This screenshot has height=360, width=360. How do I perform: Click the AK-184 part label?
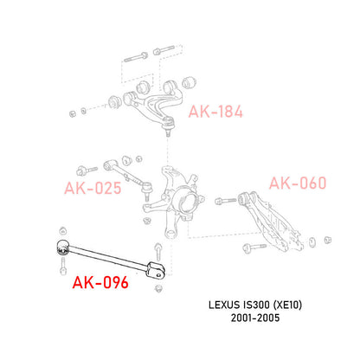click(x=215, y=112)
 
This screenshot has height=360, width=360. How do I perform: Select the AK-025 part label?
click(x=93, y=188)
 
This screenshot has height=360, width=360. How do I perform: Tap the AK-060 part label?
click(x=298, y=183)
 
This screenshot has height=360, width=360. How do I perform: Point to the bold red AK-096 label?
click(x=100, y=282)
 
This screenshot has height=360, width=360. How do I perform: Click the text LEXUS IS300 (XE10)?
click(x=255, y=305)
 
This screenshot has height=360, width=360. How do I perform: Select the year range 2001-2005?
click(x=255, y=318)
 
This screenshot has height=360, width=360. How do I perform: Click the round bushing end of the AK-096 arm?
click(x=62, y=247)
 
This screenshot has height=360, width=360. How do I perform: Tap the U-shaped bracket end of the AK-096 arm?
click(x=156, y=270)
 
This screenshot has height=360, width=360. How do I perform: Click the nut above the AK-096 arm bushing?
click(x=62, y=231)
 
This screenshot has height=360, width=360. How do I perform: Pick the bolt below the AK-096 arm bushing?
click(x=63, y=267)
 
